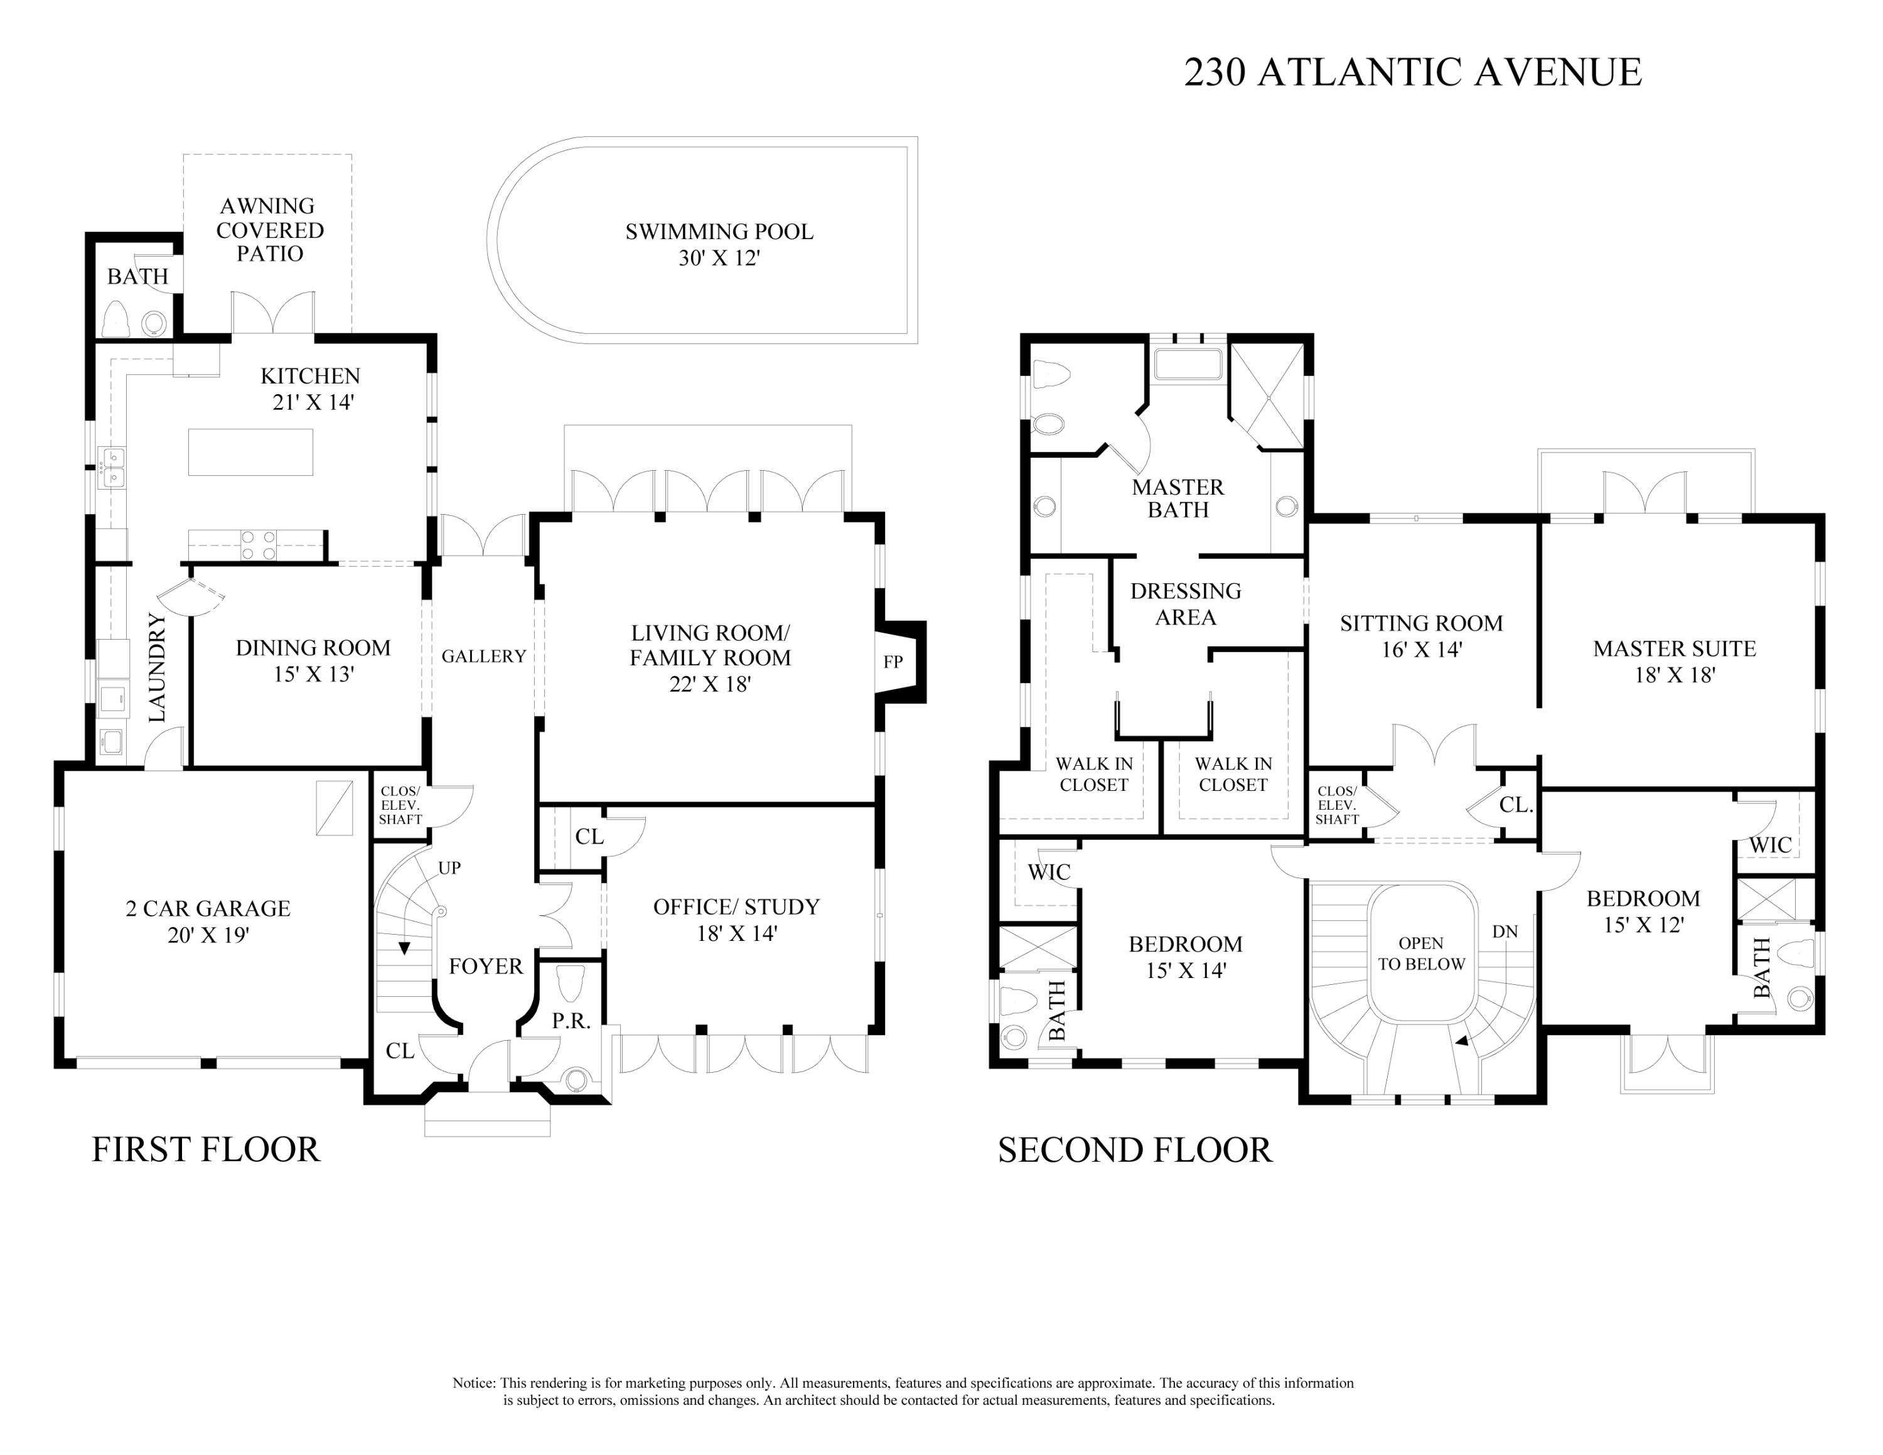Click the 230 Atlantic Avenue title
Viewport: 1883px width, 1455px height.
1412,72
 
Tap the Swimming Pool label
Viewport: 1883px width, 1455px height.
719,232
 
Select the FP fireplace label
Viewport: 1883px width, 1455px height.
893,662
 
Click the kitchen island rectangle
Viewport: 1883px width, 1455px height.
250,452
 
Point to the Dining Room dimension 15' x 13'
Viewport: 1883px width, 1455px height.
313,674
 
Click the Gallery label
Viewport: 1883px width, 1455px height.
484,657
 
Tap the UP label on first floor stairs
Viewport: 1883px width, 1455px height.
449,868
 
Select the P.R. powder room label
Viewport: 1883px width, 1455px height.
571,1021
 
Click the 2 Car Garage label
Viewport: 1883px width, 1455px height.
208,908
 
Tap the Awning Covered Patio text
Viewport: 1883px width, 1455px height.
270,230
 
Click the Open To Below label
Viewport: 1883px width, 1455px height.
1421,953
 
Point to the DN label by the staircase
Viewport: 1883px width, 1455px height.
1505,932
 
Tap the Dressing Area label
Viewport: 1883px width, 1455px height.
1186,603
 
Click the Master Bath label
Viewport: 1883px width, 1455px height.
1178,498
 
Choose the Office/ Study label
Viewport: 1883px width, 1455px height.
736,907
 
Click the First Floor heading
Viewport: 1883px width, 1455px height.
206,1150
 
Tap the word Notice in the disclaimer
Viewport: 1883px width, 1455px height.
473,1383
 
